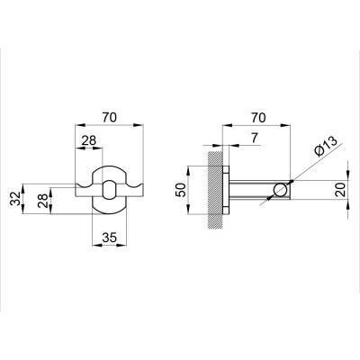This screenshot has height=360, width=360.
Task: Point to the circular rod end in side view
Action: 282,190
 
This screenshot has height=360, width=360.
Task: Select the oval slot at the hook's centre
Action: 109,190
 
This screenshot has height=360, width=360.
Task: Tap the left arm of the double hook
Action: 81,188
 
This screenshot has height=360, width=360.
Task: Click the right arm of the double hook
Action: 136,188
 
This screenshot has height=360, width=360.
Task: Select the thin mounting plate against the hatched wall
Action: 229,190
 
